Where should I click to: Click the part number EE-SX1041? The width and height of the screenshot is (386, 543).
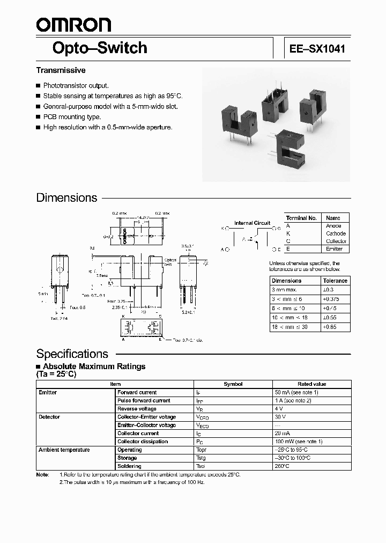tap(317, 49)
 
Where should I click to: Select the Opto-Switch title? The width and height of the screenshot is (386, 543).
tap(100, 48)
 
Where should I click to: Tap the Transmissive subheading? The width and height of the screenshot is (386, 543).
tap(61, 70)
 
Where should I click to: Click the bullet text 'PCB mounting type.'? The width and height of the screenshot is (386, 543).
tap(72, 116)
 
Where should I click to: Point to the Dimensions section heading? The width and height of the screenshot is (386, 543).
tap(66, 197)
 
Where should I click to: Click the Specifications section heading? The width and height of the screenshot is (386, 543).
tap(72, 354)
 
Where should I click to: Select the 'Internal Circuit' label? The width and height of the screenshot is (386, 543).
tap(252, 223)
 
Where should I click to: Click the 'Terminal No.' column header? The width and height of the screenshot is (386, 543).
tap(301, 218)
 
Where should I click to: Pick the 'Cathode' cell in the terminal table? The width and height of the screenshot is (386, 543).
tap(336, 233)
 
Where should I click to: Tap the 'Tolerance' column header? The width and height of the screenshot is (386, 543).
tap(336, 281)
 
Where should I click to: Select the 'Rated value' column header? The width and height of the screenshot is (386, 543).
tap(311, 384)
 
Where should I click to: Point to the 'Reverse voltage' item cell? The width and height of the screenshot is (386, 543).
tap(137, 409)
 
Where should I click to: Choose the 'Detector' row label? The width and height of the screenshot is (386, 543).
tap(49, 417)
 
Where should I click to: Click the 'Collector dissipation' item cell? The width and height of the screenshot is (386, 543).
tap(142, 442)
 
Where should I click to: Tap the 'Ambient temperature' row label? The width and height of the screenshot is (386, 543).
tap(64, 450)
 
